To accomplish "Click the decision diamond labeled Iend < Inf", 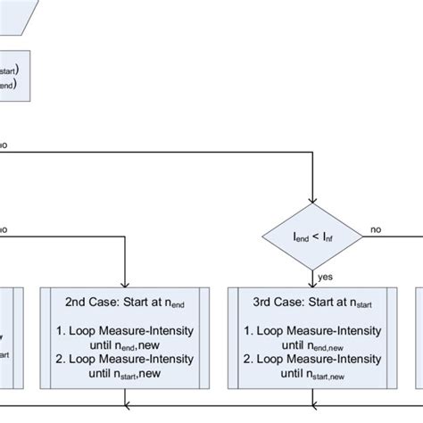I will click(311, 236).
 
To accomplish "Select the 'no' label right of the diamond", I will click(376, 229).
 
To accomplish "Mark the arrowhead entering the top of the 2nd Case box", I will click(125, 281).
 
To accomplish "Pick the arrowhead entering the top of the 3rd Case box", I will click(311, 281).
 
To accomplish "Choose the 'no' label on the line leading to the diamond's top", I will click(4, 143).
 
